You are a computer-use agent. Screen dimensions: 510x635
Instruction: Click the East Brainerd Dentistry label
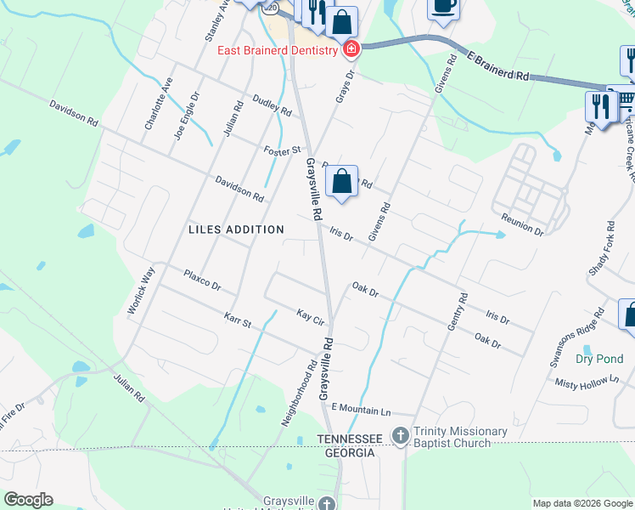(x=278, y=49)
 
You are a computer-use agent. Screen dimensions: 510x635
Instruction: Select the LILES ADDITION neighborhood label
(x=236, y=229)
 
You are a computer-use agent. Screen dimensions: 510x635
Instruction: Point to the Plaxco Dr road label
(x=202, y=280)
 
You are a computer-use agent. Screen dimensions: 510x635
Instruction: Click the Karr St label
(x=238, y=320)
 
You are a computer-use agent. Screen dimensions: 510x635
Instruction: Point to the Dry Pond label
(x=599, y=359)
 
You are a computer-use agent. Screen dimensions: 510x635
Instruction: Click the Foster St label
(x=283, y=150)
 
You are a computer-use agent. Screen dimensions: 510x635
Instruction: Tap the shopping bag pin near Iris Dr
(x=341, y=181)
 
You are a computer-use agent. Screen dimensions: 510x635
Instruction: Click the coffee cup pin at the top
(x=442, y=6)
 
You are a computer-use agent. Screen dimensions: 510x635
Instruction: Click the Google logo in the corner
(x=28, y=500)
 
